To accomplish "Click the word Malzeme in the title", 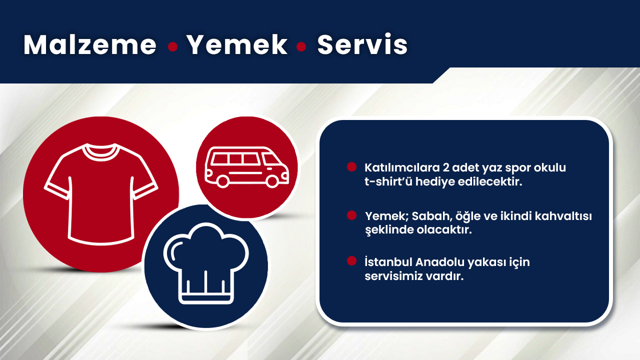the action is click(90, 44).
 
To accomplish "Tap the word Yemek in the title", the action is click(237, 44).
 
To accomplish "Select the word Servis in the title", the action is click(362, 44).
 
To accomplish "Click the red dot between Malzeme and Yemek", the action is click(172, 46).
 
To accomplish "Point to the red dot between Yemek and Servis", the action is click(301, 46).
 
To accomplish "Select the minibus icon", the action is click(247, 167).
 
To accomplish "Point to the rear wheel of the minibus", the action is click(222, 181).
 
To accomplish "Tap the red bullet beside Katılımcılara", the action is click(351, 167).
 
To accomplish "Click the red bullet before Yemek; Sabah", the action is click(351, 215).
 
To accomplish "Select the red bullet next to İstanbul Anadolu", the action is click(351, 261).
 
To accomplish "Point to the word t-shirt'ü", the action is click(388, 181).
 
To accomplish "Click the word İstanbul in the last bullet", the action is click(387, 261).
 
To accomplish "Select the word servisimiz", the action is click(393, 276).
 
